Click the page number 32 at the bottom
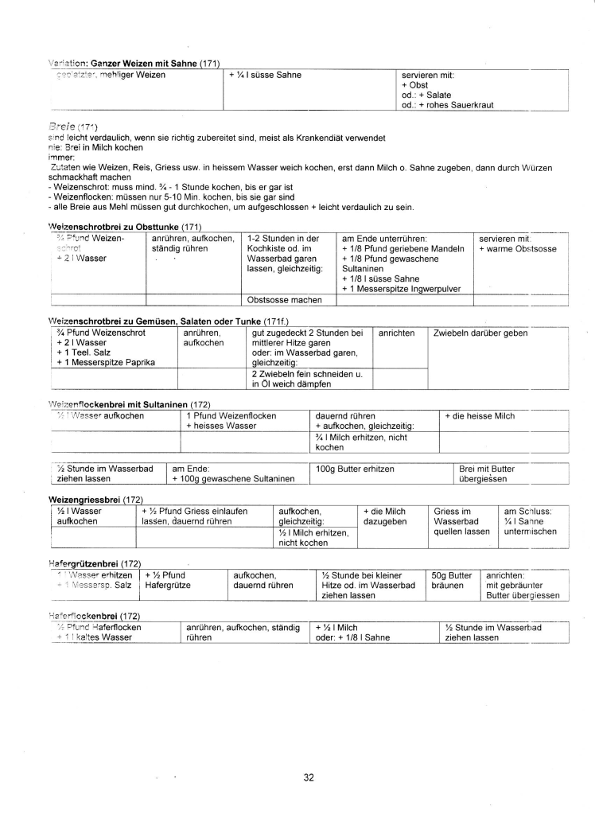point(309,777)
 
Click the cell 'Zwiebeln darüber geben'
point(480,333)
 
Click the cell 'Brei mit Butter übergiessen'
point(488,474)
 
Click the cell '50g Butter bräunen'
point(451,580)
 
